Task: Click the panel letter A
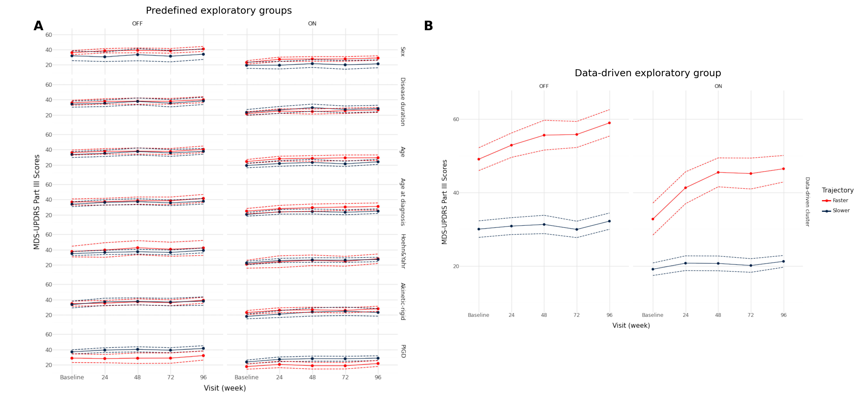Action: (38, 26)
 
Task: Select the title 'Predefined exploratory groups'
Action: (218, 10)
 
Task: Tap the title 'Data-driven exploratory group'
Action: (648, 73)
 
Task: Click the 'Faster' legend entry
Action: (840, 200)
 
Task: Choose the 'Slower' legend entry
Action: (841, 210)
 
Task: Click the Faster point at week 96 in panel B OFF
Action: (609, 123)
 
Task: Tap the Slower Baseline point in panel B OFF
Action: (479, 229)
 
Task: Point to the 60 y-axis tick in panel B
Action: (456, 119)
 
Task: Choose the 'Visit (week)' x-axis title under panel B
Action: (631, 325)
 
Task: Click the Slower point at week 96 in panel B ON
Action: (783, 261)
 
